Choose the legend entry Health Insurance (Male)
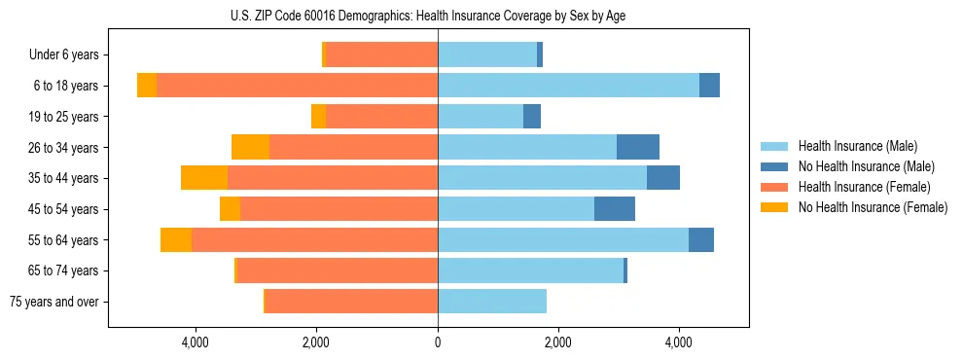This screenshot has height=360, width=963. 858,146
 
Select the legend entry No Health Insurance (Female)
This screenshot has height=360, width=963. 872,207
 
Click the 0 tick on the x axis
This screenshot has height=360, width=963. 438,342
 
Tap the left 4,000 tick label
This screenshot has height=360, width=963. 196,342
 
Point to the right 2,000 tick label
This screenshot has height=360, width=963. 558,342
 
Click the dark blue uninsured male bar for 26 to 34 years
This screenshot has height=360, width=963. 638,147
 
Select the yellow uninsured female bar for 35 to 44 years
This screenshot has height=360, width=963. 204,178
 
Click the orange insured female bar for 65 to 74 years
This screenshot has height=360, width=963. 338,270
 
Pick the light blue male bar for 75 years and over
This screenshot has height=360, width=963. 492,302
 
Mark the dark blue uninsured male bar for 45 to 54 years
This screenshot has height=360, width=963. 615,209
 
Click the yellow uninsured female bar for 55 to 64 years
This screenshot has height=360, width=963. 176,240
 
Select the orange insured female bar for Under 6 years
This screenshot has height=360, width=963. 381,55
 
